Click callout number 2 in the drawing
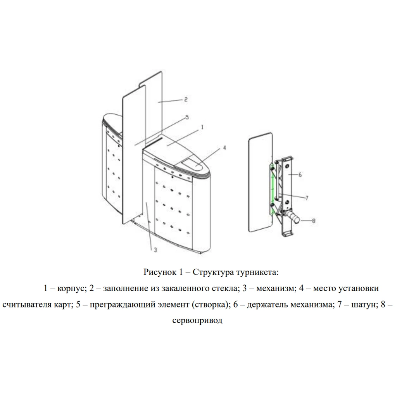point(186,99)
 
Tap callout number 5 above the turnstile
point(187,117)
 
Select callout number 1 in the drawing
point(202,127)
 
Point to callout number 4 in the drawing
point(224,148)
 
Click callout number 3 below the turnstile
point(155,250)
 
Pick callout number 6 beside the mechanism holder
point(300,174)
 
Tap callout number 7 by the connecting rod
point(307,198)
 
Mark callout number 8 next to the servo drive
point(314,221)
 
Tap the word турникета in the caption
point(257,273)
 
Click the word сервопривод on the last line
point(197,321)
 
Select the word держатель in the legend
point(268,304)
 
